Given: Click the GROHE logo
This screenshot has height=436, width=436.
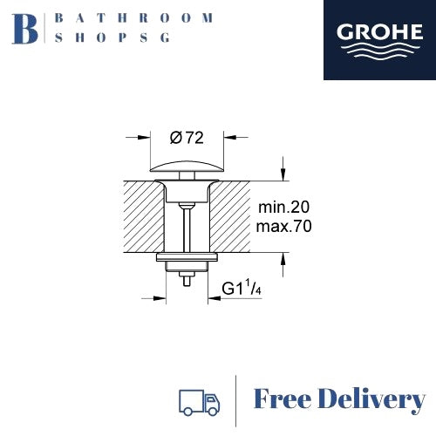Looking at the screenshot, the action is [x=379, y=40].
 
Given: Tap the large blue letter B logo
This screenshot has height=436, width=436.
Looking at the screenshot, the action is [x=25, y=29].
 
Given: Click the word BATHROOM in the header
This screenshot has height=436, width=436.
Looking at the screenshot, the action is [x=133, y=18].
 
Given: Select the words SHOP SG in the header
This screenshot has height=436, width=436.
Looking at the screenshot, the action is [x=112, y=37].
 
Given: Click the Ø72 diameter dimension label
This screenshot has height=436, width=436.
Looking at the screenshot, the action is [x=187, y=138].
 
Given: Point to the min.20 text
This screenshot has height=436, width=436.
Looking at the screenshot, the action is [x=283, y=207].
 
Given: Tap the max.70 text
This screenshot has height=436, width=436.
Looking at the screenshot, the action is [x=283, y=226].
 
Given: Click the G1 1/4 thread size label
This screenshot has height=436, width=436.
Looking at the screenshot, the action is [x=242, y=288].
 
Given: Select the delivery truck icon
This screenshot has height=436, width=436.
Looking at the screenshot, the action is [x=199, y=403].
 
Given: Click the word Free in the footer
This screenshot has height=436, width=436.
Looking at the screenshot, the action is [x=282, y=399].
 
